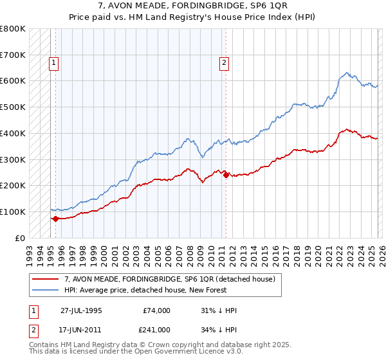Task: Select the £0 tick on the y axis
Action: click(20, 238)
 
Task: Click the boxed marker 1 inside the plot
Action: click(53, 63)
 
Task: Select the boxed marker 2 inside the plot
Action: click(224, 63)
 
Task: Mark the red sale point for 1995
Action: click(55, 219)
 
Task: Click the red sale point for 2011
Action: click(226, 175)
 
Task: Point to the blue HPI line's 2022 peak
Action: click(347, 73)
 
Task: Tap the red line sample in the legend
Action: click(46, 279)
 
